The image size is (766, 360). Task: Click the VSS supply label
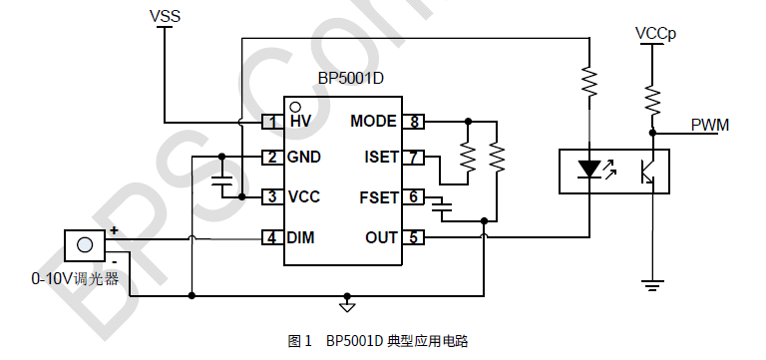click(x=165, y=16)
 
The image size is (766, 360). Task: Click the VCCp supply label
click(x=655, y=34)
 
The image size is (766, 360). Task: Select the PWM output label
click(x=710, y=125)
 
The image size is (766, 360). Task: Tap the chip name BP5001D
click(x=342, y=79)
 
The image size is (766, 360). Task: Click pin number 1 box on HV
click(x=271, y=122)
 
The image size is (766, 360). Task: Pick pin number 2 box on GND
click(x=271, y=158)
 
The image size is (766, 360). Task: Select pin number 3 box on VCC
click(x=271, y=197)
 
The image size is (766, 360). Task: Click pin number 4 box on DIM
click(x=271, y=238)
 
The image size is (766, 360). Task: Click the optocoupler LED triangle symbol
click(x=589, y=169)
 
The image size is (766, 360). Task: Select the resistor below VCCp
click(x=653, y=99)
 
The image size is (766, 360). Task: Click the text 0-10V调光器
click(x=75, y=278)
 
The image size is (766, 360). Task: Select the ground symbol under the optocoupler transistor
click(x=653, y=287)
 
